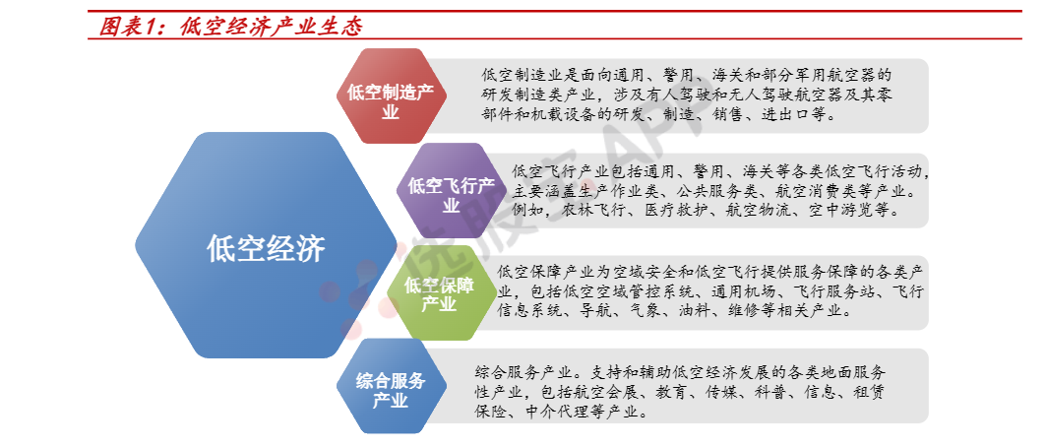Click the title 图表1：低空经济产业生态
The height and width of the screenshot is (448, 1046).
[230, 27]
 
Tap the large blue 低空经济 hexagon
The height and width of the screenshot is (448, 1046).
[266, 245]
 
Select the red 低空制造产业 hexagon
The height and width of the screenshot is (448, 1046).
[391, 96]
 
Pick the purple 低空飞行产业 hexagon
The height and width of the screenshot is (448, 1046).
[452, 190]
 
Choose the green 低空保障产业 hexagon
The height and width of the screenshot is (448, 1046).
[440, 293]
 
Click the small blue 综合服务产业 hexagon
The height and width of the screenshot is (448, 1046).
[391, 386]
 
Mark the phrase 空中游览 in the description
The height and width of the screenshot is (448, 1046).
[842, 211]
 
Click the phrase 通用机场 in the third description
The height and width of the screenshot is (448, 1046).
[743, 292]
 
